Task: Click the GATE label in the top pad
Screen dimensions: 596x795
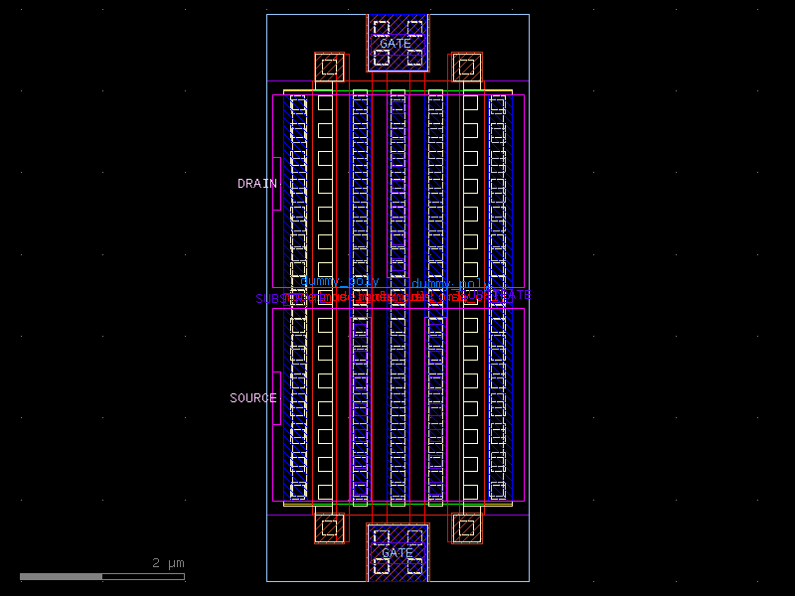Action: [x=396, y=44]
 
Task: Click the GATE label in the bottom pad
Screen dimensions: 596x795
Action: [x=397, y=552]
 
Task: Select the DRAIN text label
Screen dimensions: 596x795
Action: [x=256, y=184]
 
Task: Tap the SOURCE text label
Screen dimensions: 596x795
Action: [x=252, y=398]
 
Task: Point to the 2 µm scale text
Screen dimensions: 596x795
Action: [x=168, y=563]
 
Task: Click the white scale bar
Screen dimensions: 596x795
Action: [x=101, y=576]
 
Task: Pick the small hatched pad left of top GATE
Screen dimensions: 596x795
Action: [x=329, y=68]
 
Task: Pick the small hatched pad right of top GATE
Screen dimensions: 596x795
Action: [x=466, y=68]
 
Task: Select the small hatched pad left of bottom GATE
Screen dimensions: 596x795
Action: [x=329, y=527]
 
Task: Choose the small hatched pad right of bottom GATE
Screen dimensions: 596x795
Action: [x=466, y=527]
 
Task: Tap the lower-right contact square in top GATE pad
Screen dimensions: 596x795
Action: [x=414, y=59]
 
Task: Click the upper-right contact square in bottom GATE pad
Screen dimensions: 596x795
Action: [x=414, y=536]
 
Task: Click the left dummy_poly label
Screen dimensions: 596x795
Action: [x=339, y=282]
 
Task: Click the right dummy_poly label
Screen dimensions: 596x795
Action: [x=452, y=284]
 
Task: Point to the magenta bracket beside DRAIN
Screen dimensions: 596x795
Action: [x=277, y=184]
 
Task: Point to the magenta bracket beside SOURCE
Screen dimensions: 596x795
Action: [x=277, y=398]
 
